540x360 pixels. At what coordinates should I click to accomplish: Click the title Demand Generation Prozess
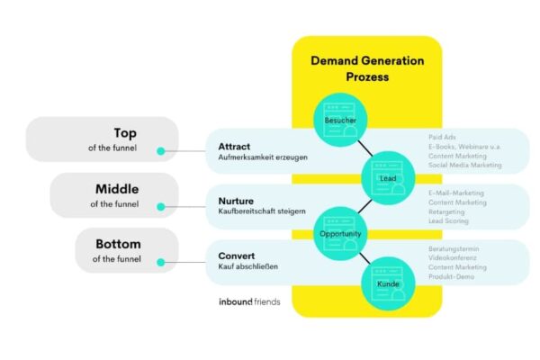pos(366,68)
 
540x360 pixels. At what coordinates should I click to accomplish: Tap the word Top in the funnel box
pos(125,132)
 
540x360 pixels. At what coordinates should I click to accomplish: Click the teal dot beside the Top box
pos(161,150)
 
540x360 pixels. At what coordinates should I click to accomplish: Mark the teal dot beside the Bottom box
pos(161,263)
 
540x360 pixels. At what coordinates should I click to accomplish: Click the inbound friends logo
pos(249,301)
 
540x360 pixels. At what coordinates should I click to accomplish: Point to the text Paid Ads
pos(444,138)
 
